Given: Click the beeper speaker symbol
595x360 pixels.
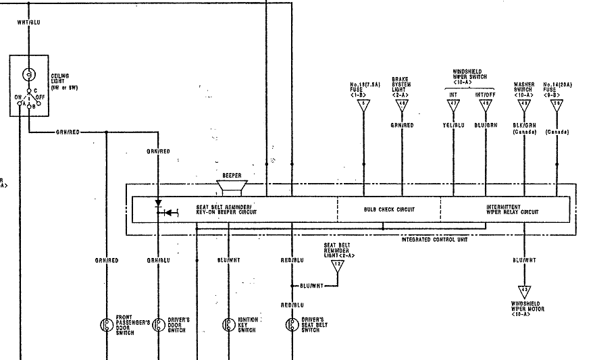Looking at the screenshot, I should coord(232,187).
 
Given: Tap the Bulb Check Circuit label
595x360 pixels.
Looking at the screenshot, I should coord(389,209).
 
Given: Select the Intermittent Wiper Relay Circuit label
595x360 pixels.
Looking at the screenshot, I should coord(512,209).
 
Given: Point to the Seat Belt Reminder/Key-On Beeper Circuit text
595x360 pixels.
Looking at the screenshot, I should coord(227,209).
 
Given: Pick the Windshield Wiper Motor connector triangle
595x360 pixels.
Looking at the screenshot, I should coord(524,290).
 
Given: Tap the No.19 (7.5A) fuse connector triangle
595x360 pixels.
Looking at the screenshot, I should coord(364,105).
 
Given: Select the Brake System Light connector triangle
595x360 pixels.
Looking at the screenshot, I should coord(402,105).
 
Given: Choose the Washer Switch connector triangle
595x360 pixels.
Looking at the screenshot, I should coord(524,105).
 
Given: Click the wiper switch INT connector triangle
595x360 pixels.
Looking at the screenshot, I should coord(453,105).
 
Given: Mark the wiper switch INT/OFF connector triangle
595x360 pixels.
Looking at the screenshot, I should coord(485,105).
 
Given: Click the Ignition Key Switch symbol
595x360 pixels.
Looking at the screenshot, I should coord(228,324).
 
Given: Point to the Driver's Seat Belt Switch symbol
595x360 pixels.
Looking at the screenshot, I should coord(292,324).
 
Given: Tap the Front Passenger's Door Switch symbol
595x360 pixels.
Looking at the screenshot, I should coord(106,324).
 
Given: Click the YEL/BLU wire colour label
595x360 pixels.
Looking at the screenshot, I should coord(453,125).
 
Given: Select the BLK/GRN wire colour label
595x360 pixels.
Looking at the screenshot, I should coord(524,125).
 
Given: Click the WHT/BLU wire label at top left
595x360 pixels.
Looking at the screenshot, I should coord(29,22).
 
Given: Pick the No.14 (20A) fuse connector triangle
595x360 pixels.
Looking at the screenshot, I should coord(557,105).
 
